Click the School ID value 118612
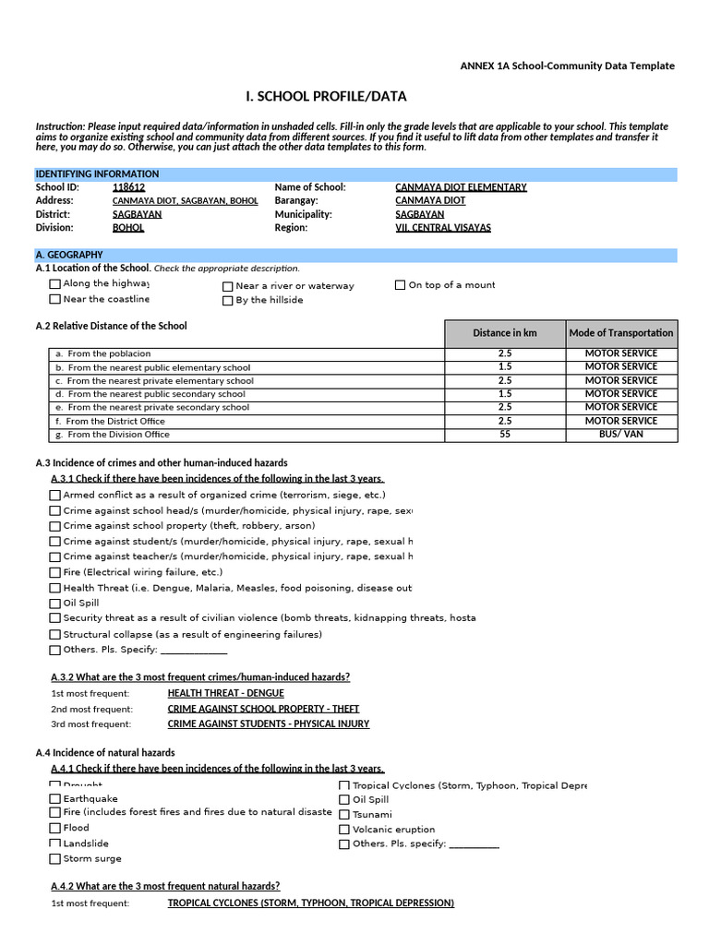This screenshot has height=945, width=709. [128, 187]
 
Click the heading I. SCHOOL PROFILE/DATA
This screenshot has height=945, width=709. [326, 97]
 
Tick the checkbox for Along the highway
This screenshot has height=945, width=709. [55, 284]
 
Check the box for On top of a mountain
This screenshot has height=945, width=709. [400, 285]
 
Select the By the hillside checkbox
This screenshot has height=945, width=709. [227, 300]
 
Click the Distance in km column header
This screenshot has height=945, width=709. [504, 333]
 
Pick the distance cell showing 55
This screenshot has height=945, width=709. [504, 435]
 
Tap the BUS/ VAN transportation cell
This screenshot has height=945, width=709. [621, 435]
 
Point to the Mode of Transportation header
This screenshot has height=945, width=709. [621, 333]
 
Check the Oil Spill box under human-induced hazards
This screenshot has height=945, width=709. [55, 604]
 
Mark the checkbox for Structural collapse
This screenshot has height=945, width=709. [55, 635]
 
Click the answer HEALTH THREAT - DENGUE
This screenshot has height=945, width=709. [225, 693]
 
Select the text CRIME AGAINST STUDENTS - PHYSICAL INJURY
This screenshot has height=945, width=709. [268, 724]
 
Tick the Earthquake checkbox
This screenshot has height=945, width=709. [55, 799]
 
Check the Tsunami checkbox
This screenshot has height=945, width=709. [344, 815]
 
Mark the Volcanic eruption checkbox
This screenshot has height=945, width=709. [344, 830]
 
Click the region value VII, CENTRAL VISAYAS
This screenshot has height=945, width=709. [443, 228]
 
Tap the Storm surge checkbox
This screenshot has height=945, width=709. [55, 859]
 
